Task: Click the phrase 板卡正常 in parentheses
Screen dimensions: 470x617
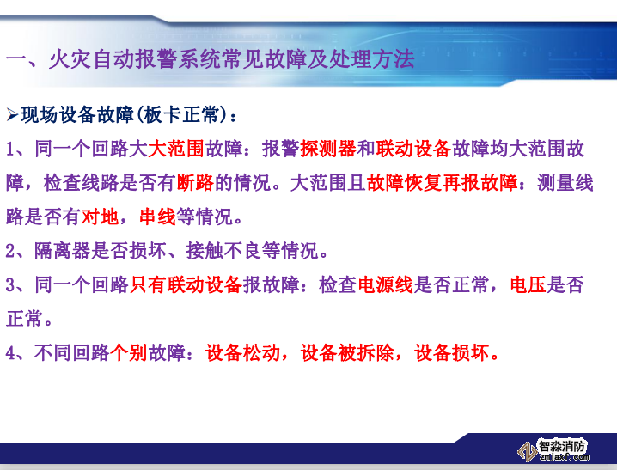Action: pos(186,114)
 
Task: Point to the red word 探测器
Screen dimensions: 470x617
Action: pos(328,149)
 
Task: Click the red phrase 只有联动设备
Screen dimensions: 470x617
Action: pos(186,284)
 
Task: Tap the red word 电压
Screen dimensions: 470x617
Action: pos(527,284)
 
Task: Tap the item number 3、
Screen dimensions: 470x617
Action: pos(19,284)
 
